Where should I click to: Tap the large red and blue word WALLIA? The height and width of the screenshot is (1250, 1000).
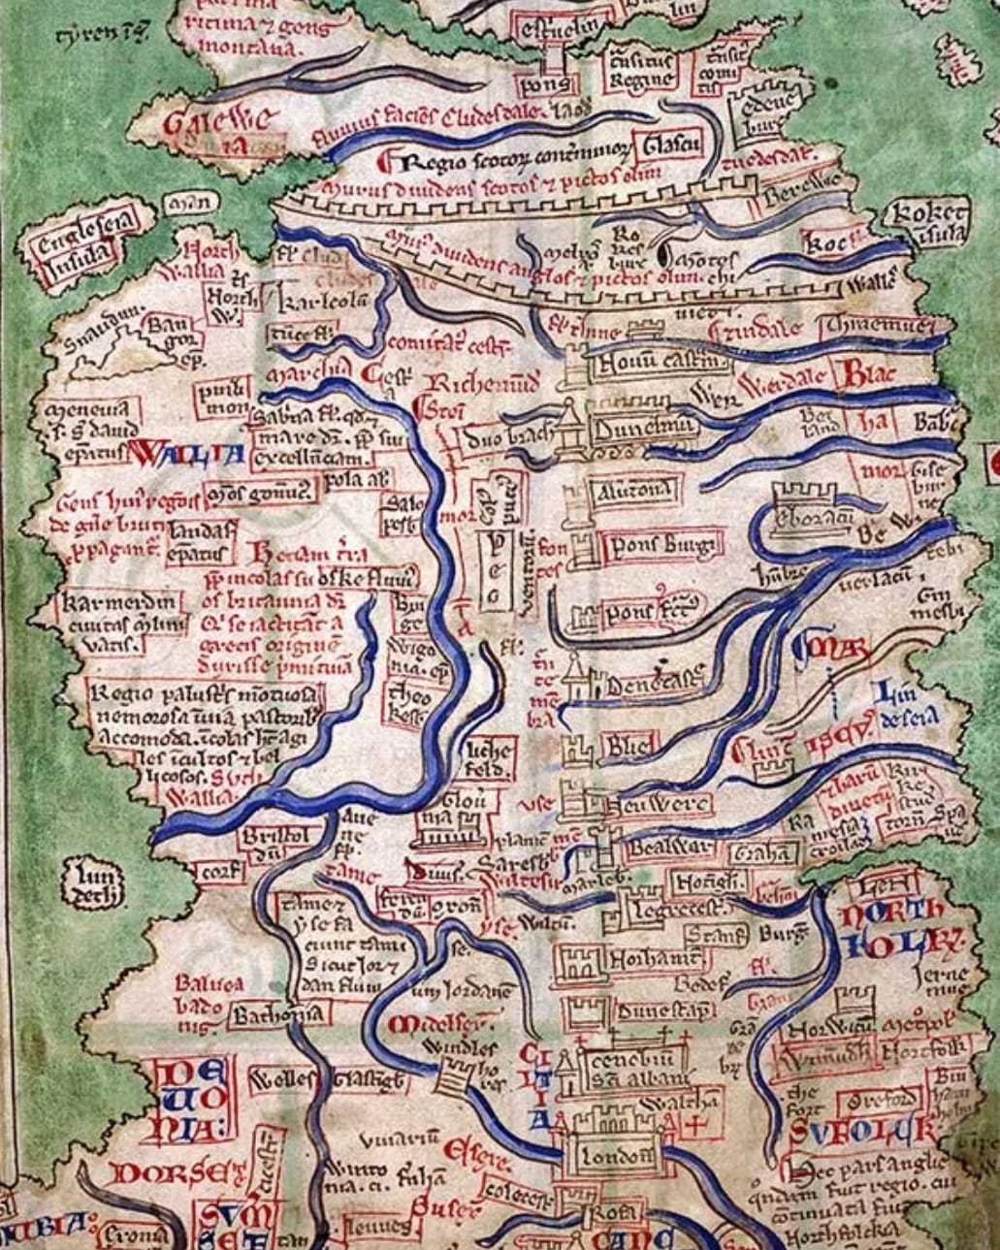[182, 452]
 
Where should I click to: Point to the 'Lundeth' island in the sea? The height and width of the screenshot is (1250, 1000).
[92, 885]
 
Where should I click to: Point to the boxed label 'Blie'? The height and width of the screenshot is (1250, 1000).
[629, 745]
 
